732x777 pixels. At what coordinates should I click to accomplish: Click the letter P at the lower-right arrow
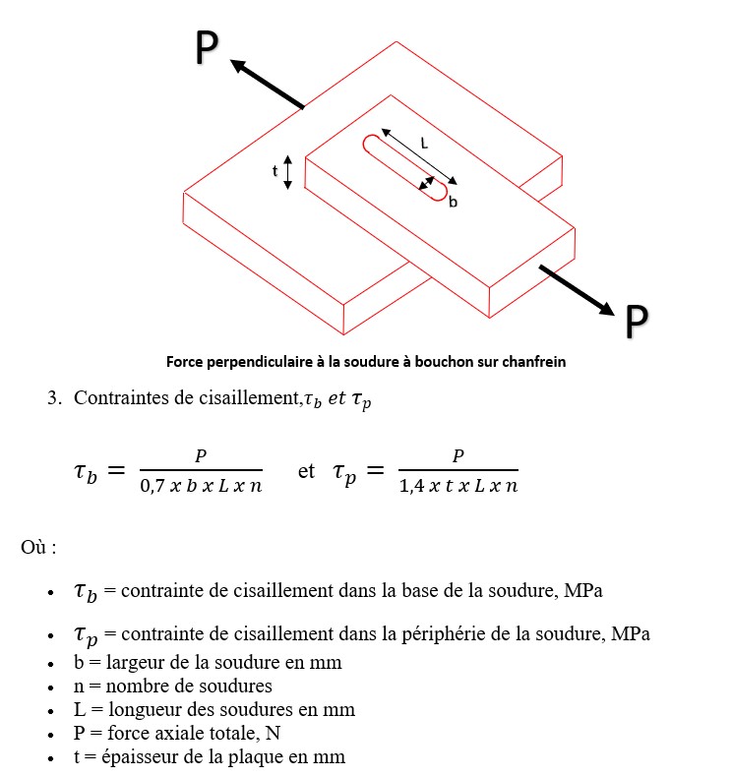[637, 322]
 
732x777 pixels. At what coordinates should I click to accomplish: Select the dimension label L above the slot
[424, 143]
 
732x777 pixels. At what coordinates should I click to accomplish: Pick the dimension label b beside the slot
[453, 202]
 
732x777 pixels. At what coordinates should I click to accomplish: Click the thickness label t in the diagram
[275, 171]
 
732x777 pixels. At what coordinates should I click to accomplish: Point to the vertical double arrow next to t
[287, 172]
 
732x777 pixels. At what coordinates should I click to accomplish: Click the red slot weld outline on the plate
[404, 167]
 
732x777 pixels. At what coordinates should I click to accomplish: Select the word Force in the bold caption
[186, 361]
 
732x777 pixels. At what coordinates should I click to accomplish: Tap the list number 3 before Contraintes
[54, 398]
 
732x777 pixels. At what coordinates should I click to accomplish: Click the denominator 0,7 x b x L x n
[202, 485]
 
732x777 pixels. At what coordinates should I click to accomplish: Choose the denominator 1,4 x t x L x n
[458, 485]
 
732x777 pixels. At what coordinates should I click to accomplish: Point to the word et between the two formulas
[306, 471]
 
